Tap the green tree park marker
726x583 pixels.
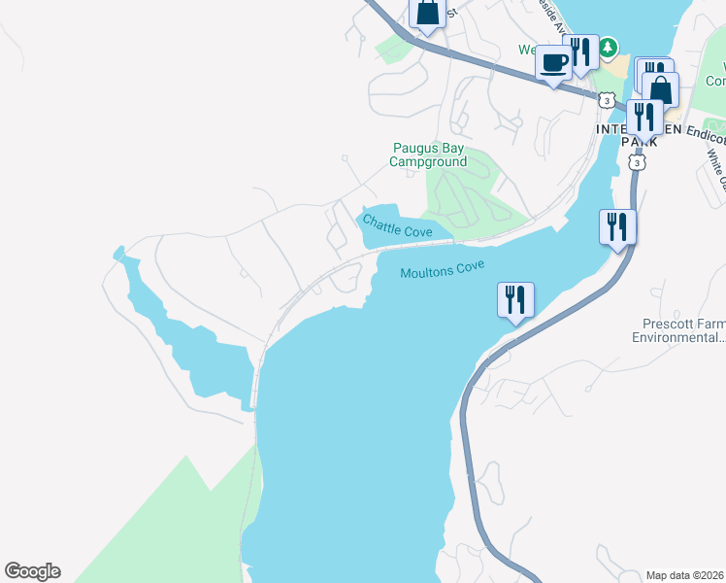pyautogui.click(x=608, y=47)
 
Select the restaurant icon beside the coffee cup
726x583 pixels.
pyautogui.click(x=581, y=52)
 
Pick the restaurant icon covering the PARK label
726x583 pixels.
pyautogui.click(x=643, y=118)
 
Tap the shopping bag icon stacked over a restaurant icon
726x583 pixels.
pyautogui.click(x=660, y=90)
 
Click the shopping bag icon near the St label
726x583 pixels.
pyautogui.click(x=427, y=14)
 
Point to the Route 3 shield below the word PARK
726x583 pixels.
pyautogui.click(x=636, y=163)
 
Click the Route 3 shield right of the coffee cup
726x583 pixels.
pyautogui.click(x=607, y=100)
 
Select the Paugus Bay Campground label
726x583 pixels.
pyautogui.click(x=428, y=154)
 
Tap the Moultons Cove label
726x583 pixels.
pyautogui.click(x=442, y=269)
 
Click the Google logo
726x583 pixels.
pyautogui.click(x=33, y=571)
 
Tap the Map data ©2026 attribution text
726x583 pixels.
pyautogui.click(x=684, y=575)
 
